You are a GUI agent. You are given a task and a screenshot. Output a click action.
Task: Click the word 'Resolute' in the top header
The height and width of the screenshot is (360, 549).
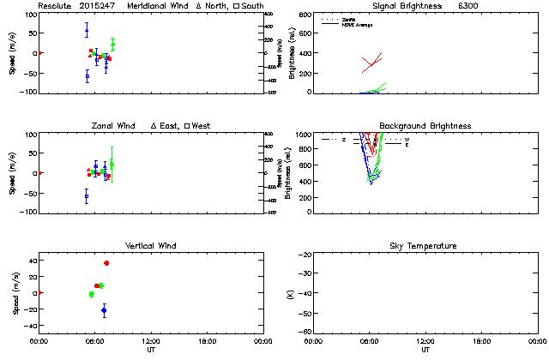click(55, 6)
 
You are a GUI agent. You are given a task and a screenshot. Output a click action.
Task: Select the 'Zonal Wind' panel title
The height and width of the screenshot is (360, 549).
click(112, 126)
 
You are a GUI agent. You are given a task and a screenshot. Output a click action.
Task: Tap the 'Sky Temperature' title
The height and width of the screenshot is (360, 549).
click(425, 246)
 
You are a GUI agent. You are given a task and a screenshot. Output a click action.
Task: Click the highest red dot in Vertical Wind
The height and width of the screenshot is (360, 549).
click(106, 263)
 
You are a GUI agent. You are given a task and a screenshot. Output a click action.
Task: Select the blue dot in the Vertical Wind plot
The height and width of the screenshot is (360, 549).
click(104, 310)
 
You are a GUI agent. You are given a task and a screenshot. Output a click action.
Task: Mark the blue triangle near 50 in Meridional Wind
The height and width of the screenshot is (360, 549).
click(87, 31)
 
